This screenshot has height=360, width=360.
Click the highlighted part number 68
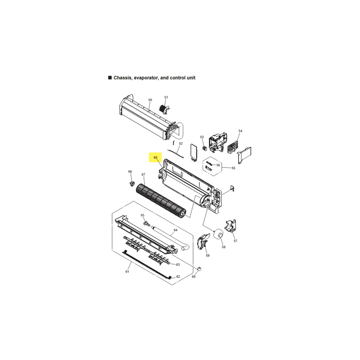coord(155,157)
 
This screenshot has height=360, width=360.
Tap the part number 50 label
coord(150,100)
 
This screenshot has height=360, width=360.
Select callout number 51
coord(166,97)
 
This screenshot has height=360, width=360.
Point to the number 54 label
coord(240,131)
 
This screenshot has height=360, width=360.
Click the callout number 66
coord(130,171)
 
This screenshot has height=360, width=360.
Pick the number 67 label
coord(143,175)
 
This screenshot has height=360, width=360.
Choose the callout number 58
coord(224,247)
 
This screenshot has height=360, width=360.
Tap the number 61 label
coord(127,272)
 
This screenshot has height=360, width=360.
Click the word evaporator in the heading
coord(146,78)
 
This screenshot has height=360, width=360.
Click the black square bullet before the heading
coord(110,77)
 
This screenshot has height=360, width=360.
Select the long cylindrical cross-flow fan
coord(161,200)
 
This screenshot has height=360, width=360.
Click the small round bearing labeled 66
coord(132,184)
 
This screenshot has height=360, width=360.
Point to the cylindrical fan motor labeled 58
coord(218,235)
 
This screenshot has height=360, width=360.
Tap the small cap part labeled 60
coord(199,269)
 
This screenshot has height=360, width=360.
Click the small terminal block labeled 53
coord(205,148)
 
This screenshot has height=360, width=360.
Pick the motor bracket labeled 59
coord(203,241)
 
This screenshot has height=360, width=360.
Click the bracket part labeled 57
coord(231,226)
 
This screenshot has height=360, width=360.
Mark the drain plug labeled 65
coord(146,223)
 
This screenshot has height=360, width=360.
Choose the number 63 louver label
coord(178,265)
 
